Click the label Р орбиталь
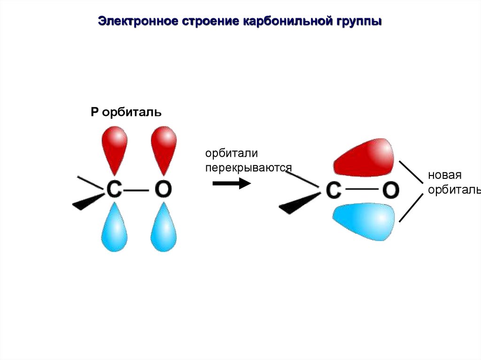click(126, 113)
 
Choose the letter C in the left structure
click(114, 190)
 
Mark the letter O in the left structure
click(163, 190)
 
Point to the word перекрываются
click(248, 168)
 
